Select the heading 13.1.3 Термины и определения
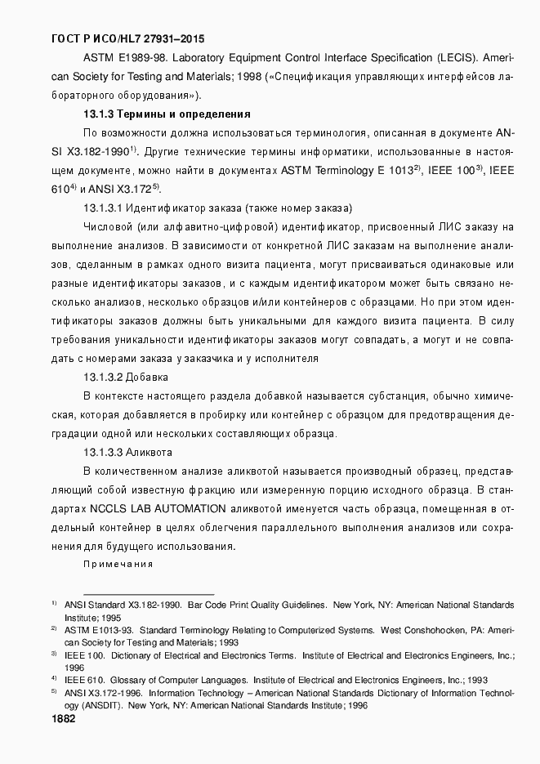tap(167, 114)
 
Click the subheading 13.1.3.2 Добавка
tap(126, 377)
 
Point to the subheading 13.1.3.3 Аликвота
tap(127, 452)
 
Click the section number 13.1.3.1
tap(104, 208)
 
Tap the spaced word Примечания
tap(118, 564)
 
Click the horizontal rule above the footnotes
tap(149, 594)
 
